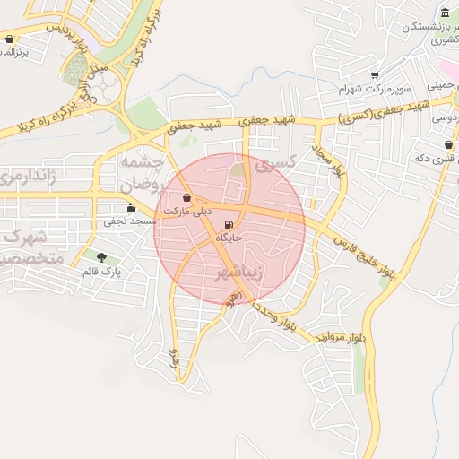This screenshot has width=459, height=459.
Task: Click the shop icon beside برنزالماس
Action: tap(10, 39)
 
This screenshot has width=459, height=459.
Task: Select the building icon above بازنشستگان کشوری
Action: tap(446, 13)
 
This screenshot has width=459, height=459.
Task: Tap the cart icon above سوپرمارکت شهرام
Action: tap(375, 75)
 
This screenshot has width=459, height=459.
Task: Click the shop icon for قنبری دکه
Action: tap(447, 144)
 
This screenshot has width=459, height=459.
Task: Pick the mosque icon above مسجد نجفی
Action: tap(130, 208)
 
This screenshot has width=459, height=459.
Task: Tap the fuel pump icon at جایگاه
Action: tap(228, 224)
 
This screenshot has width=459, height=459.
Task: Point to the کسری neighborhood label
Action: tap(275, 164)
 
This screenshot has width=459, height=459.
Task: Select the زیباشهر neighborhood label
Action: tap(240, 273)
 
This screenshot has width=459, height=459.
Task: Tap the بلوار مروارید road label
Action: tap(341, 338)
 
